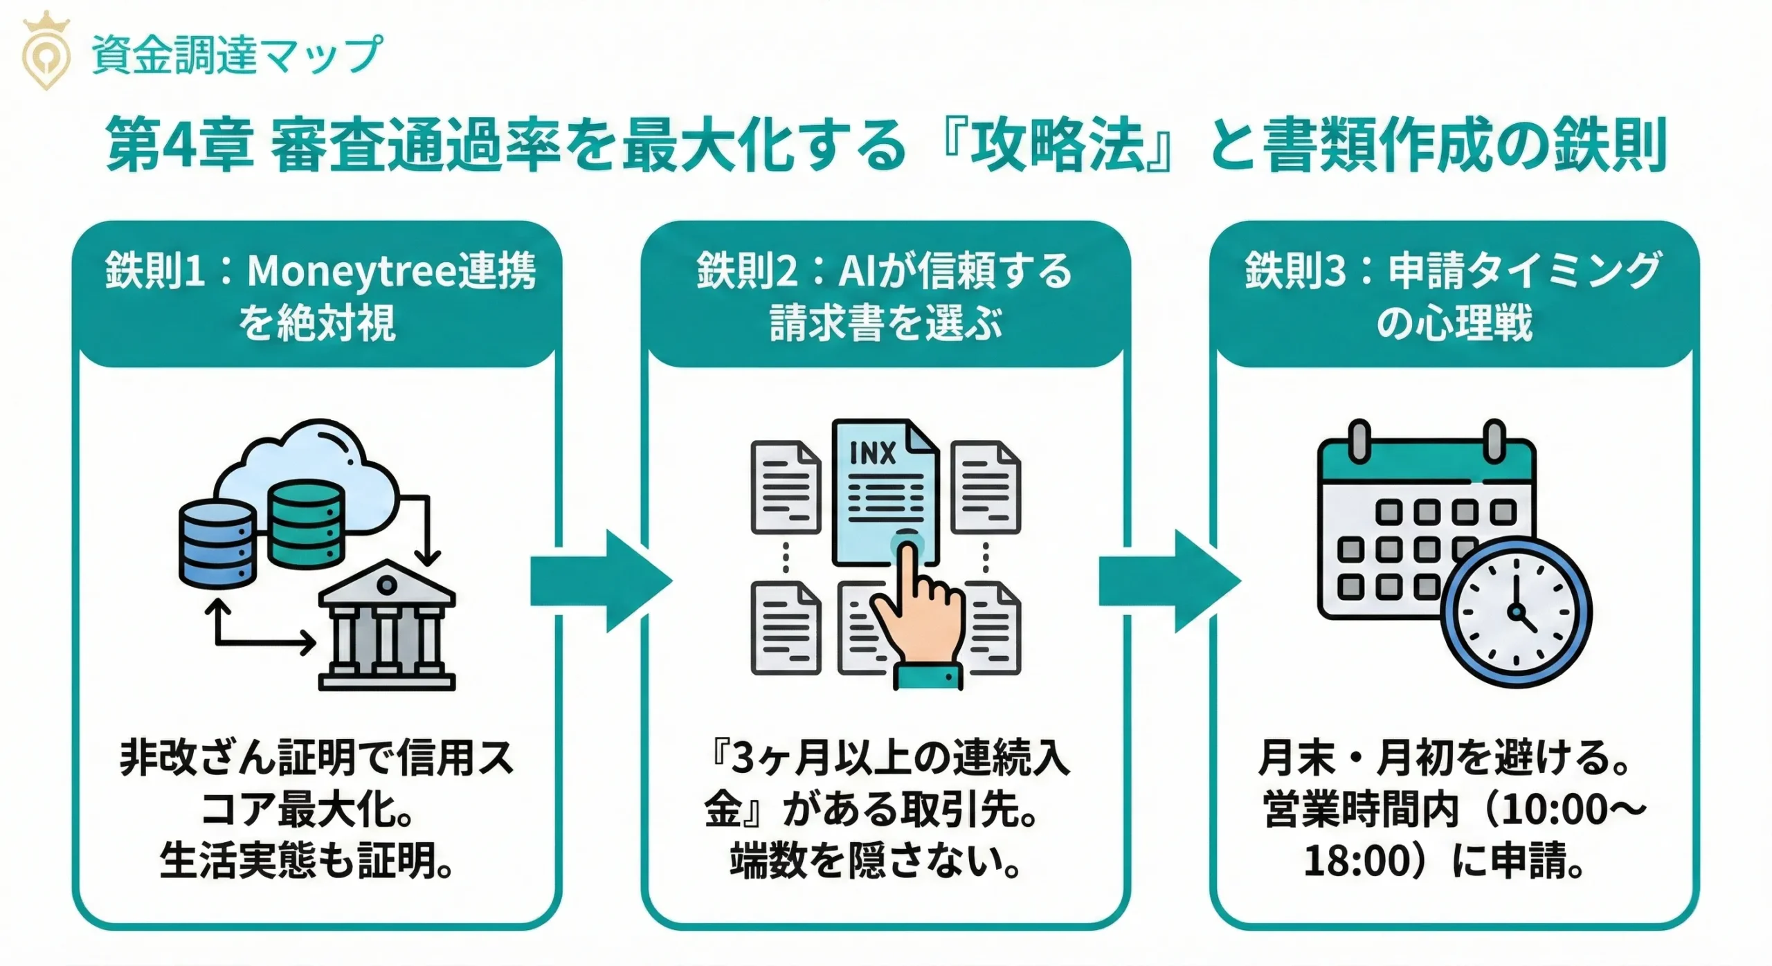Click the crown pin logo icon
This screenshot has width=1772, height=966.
click(46, 52)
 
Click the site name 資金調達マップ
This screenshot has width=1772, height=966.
click(235, 54)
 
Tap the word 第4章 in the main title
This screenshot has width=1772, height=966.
click(179, 145)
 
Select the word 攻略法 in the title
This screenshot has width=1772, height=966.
click(1057, 145)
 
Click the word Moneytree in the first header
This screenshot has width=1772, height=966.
click(352, 271)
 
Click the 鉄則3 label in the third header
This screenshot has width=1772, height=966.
click(1294, 271)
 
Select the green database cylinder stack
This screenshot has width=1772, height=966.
click(305, 524)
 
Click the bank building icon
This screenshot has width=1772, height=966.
click(386, 626)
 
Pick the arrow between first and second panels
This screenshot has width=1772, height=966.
click(599, 581)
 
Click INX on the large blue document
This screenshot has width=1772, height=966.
click(872, 453)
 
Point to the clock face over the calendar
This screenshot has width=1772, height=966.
click(1516, 612)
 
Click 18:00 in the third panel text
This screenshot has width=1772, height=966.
click(1357, 862)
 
